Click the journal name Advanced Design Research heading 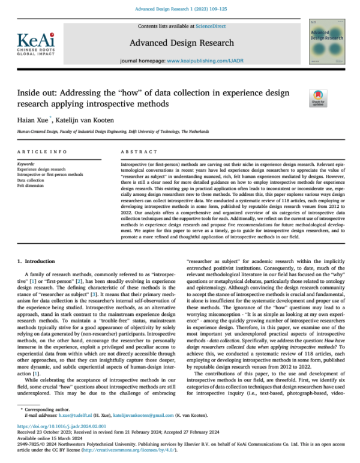[179, 43]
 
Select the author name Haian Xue [33, 120]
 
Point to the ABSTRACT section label [134, 153]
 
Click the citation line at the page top [179, 7]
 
